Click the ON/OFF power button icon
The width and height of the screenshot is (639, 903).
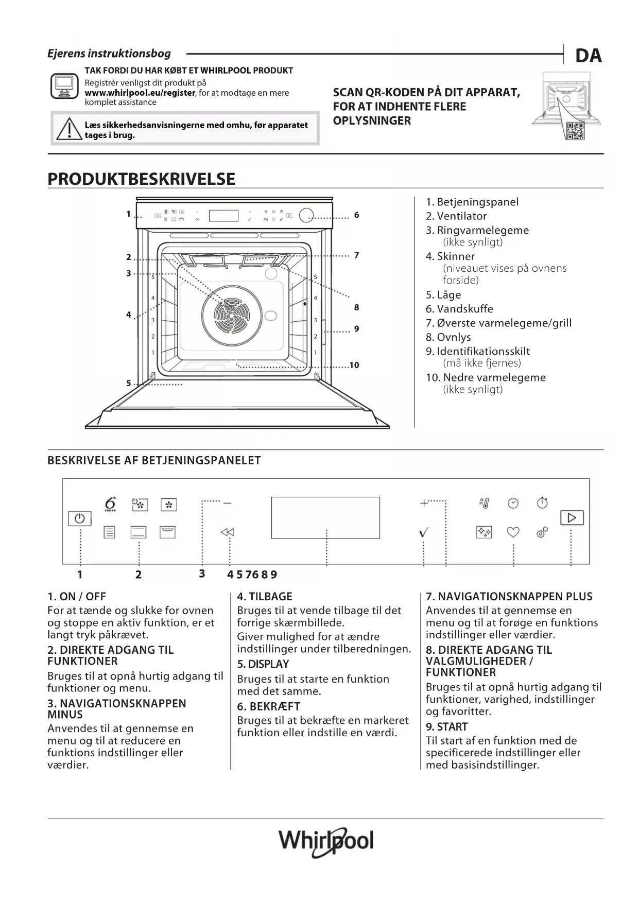tap(79, 518)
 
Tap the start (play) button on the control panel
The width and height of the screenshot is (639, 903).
tap(572, 517)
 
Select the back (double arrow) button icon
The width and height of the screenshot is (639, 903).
tap(227, 532)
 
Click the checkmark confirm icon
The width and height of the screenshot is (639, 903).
tap(423, 533)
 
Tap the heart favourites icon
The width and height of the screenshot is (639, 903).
tap(513, 532)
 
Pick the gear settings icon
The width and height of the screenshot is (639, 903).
tap(542, 532)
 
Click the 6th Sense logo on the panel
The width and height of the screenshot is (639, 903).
tap(110, 504)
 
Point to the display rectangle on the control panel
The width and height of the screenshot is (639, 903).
tap(325, 517)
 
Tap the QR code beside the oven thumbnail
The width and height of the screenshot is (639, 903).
tap(575, 131)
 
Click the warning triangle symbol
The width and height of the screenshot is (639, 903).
tap(67, 129)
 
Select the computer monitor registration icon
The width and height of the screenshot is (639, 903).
tap(64, 86)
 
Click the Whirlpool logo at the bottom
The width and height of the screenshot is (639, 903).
tap(326, 842)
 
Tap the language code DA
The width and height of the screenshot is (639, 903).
tap(588, 56)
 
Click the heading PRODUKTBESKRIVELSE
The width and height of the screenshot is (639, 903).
tap(141, 179)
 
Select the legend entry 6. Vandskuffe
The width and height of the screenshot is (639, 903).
tap(459, 309)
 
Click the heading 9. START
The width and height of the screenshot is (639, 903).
tap(446, 727)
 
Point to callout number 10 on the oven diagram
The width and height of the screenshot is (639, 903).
tap(354, 365)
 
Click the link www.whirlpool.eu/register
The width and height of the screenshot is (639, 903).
tap(140, 93)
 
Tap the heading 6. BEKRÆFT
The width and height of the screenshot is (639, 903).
tap(268, 706)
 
